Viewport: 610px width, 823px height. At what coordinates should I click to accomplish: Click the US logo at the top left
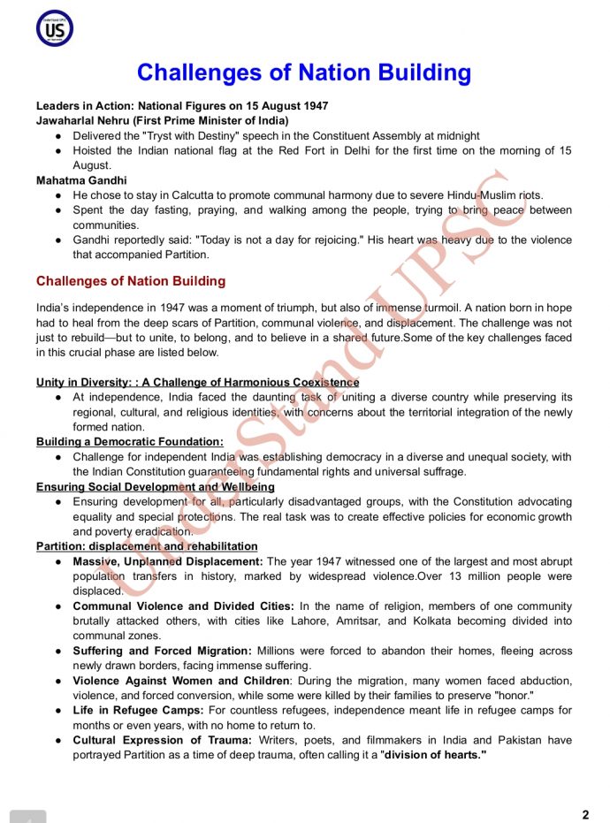[54, 28]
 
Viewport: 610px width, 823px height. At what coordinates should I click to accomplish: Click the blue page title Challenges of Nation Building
[303, 72]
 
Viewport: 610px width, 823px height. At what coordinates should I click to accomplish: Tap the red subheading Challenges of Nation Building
[131, 282]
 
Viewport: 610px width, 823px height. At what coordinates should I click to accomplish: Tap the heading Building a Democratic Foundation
[130, 442]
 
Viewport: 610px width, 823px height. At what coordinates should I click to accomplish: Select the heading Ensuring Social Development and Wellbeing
[156, 487]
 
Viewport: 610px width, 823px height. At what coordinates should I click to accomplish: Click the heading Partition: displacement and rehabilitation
[147, 546]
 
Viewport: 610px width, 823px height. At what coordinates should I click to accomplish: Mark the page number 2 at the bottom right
[585, 814]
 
